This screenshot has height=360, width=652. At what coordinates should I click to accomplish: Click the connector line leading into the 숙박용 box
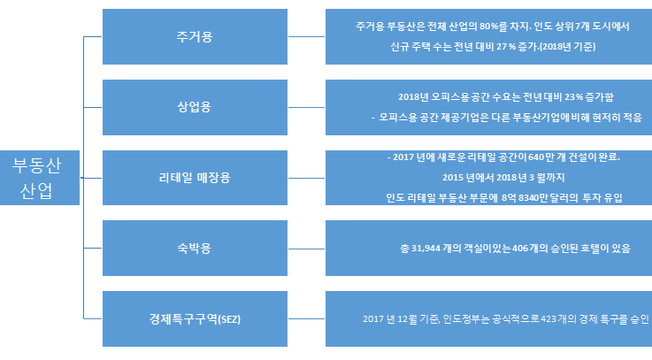coord(94,248)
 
